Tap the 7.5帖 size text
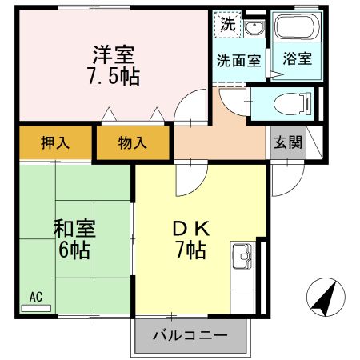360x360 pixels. pos(113,76)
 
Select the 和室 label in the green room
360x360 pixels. pos(74,228)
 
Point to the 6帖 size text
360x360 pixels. pos(74,249)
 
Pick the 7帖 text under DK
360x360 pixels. pos(190,250)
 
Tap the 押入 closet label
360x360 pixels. pos(54,144)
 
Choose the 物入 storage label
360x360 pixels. pos(132,144)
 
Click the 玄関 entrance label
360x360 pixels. pos(288,144)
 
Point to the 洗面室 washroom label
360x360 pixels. pos(239,59)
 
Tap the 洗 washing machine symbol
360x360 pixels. pos(228,25)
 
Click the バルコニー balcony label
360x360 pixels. pos(190,333)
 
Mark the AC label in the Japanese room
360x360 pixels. pos(35,296)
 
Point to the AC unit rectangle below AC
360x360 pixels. pos(35,307)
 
